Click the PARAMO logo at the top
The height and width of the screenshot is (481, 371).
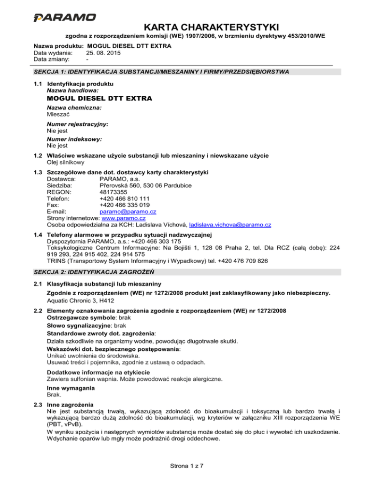pyautogui.click(x=64, y=17)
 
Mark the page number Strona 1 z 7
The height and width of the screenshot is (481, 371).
pyautogui.click(x=185, y=466)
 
